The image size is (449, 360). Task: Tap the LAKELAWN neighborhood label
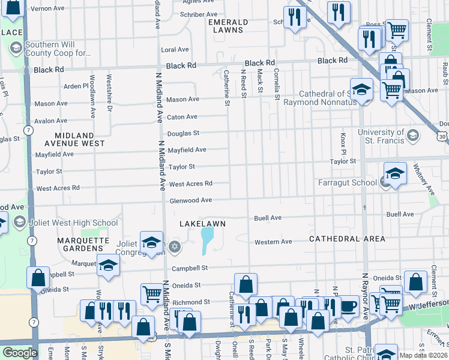pyautogui.click(x=203, y=224)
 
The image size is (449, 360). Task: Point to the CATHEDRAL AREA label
pyautogui.click(x=347, y=239)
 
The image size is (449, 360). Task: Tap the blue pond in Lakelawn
pyautogui.click(x=207, y=240)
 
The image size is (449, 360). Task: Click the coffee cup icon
pyautogui.click(x=348, y=308)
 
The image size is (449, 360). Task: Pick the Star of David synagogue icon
pyautogui.click(x=175, y=246)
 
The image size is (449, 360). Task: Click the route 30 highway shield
pyautogui.click(x=442, y=137)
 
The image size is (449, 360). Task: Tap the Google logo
pyautogui.click(x=20, y=353)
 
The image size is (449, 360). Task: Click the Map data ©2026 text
pyautogui.click(x=423, y=355)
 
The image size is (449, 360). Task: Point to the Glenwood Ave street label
pyautogui.click(x=190, y=200)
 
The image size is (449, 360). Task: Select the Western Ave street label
pyautogui.click(x=273, y=242)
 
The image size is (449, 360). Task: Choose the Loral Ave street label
pyautogui.click(x=175, y=49)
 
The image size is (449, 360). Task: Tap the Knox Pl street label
pyautogui.click(x=344, y=142)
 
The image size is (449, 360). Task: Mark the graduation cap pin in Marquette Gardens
pyautogui.click(x=108, y=265)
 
